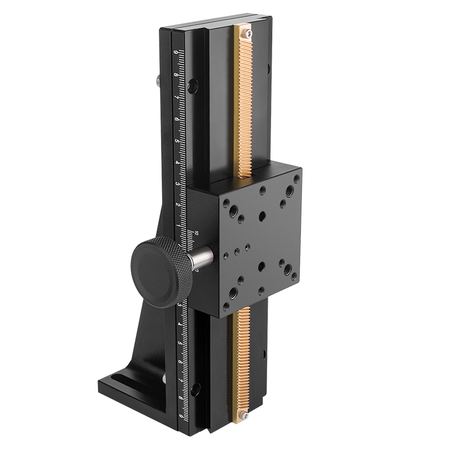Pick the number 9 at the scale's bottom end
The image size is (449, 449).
coord(181,416)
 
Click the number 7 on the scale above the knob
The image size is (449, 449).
coord(177,97)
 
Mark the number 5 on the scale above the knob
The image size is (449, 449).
coord(177,140)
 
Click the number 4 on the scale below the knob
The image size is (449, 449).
coord(180,324)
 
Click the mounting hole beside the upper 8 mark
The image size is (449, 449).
coord(193,86)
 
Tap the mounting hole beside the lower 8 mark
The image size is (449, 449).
coord(195,388)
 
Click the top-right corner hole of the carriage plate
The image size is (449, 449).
coord(296,180)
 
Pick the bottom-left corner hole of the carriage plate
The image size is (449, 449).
coord(226,306)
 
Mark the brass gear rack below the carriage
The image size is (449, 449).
coord(242,359)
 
